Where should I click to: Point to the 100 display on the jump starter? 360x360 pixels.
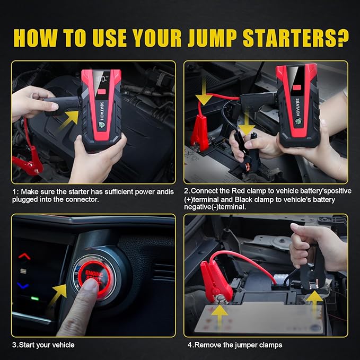101,79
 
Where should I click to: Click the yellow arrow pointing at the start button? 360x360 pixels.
58,294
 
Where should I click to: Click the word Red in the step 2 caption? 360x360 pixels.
238,191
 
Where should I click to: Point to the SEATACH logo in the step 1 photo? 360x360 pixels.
102,111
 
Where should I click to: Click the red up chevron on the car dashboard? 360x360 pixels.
24,256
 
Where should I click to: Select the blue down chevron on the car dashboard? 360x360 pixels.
23,286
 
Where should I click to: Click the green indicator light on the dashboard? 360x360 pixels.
35,298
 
